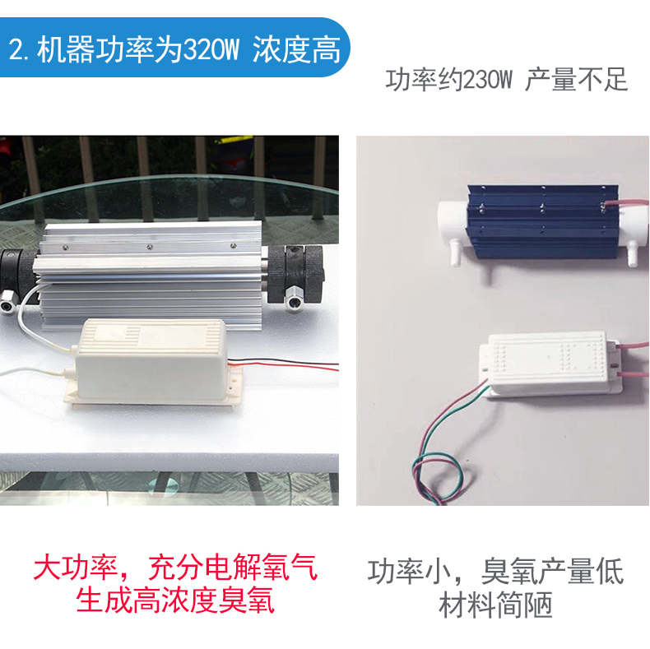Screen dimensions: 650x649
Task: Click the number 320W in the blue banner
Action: [x=211, y=49]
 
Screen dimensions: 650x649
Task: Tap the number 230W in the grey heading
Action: [x=486, y=80]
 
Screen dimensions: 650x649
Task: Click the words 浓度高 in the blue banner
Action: [x=297, y=49]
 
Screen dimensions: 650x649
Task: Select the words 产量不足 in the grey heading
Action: [x=577, y=80]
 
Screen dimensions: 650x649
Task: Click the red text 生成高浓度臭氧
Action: [x=175, y=600]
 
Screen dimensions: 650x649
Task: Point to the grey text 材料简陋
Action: [x=496, y=605]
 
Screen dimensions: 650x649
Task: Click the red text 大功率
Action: [x=76, y=567]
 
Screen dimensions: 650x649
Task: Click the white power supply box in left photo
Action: [x=151, y=362]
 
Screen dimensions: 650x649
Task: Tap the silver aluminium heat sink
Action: [x=151, y=276]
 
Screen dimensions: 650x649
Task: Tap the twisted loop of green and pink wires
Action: [x=437, y=480]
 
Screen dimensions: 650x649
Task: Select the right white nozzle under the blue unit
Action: [x=631, y=256]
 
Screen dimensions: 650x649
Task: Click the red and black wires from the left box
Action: [x=283, y=364]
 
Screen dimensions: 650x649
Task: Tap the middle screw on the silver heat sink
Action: [x=149, y=247]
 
